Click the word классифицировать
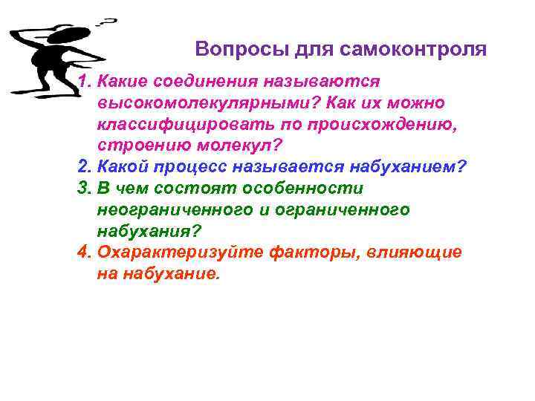point(187,123)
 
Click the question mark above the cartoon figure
point(109,22)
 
